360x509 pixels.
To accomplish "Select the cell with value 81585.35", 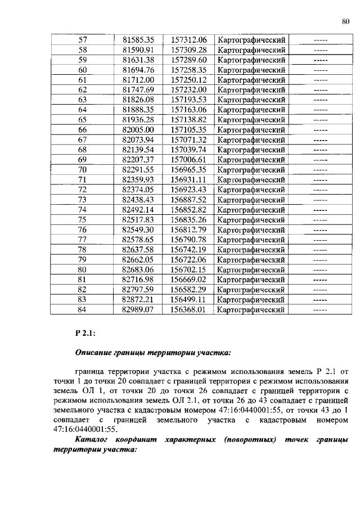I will point(138,40).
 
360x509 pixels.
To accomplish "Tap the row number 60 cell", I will point(82,70).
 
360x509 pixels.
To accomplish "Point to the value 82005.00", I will point(138,129).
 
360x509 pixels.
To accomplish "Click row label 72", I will point(82,190).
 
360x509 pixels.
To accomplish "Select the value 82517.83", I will point(138,219).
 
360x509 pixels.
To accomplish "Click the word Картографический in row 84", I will point(251,309).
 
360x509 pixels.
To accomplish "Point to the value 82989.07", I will point(138,309).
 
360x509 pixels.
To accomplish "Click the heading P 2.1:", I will point(85,334).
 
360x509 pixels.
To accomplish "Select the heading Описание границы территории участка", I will point(152,353).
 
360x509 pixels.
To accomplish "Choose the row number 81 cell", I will point(82,279).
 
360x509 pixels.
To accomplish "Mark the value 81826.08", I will point(138,100).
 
